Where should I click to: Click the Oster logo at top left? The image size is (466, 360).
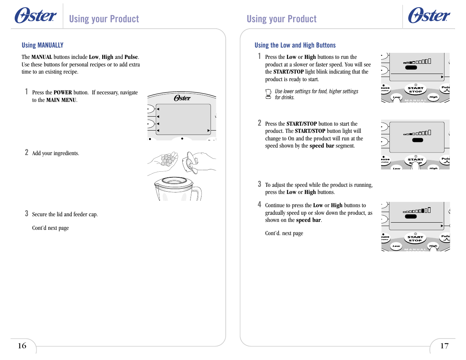point(35,16)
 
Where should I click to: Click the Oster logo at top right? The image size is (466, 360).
point(429,16)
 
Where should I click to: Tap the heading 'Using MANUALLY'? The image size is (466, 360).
point(42,45)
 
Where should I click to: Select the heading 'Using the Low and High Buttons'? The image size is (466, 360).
point(295,45)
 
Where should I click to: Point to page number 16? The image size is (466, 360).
point(22,346)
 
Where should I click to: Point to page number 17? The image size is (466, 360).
point(444,346)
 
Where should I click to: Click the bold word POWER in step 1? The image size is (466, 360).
point(63,92)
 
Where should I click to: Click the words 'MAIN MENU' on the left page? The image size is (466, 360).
point(61,100)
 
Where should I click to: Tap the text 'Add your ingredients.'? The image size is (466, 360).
point(55,153)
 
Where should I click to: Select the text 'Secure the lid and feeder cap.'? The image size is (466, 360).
point(65,214)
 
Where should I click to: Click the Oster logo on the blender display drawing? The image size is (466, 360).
point(182,98)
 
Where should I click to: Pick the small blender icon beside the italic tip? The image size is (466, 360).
point(268,94)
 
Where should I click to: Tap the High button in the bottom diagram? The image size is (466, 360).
point(433,246)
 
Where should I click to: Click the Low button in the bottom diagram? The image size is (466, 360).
point(396,246)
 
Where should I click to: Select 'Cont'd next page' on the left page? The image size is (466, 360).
point(50,228)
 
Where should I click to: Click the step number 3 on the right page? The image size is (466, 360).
point(259,184)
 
